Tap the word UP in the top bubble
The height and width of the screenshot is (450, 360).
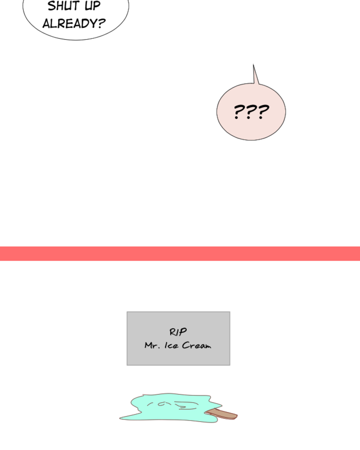(x=92, y=6)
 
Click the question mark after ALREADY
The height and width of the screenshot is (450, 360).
(x=102, y=23)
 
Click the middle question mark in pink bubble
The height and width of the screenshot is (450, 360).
(x=251, y=112)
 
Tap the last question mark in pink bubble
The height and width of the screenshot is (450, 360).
(x=263, y=112)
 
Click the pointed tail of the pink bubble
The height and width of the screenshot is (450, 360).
(x=253, y=64)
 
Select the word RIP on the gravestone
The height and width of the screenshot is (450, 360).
(x=178, y=332)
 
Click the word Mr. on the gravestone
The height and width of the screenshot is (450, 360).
(x=152, y=345)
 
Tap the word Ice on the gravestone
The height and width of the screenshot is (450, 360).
(x=171, y=345)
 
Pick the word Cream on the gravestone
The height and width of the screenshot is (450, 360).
(x=197, y=345)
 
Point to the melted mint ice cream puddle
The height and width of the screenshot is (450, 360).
(x=171, y=408)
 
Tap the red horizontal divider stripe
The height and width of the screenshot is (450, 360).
(x=180, y=253)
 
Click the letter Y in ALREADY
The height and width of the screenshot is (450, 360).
(x=93, y=23)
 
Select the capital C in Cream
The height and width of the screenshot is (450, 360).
(x=186, y=345)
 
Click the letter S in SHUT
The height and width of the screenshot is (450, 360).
(x=51, y=6)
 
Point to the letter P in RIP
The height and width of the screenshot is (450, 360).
(x=183, y=332)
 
